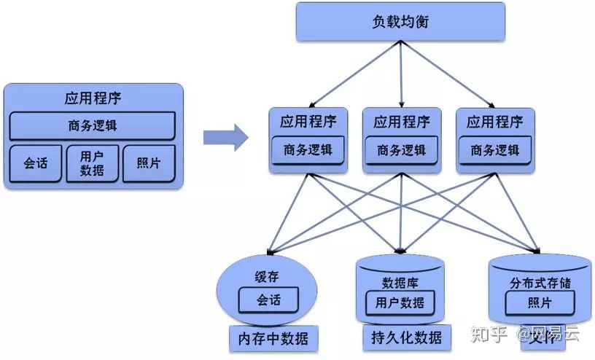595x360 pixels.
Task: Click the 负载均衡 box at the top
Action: click(x=400, y=21)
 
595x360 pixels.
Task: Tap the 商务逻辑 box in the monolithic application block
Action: click(x=92, y=126)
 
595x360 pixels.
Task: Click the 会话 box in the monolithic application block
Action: click(x=34, y=163)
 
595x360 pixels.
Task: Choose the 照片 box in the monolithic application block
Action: click(x=149, y=163)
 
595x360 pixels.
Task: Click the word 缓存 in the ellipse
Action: click(x=266, y=277)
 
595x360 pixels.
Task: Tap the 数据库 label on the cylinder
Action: click(x=400, y=282)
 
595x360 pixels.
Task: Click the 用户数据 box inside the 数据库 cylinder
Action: click(x=400, y=302)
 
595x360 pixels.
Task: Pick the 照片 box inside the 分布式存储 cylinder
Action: click(x=540, y=302)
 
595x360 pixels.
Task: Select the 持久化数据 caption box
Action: click(x=402, y=337)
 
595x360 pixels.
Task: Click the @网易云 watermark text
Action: click(x=548, y=334)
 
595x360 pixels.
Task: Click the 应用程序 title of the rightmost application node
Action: click(x=495, y=121)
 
